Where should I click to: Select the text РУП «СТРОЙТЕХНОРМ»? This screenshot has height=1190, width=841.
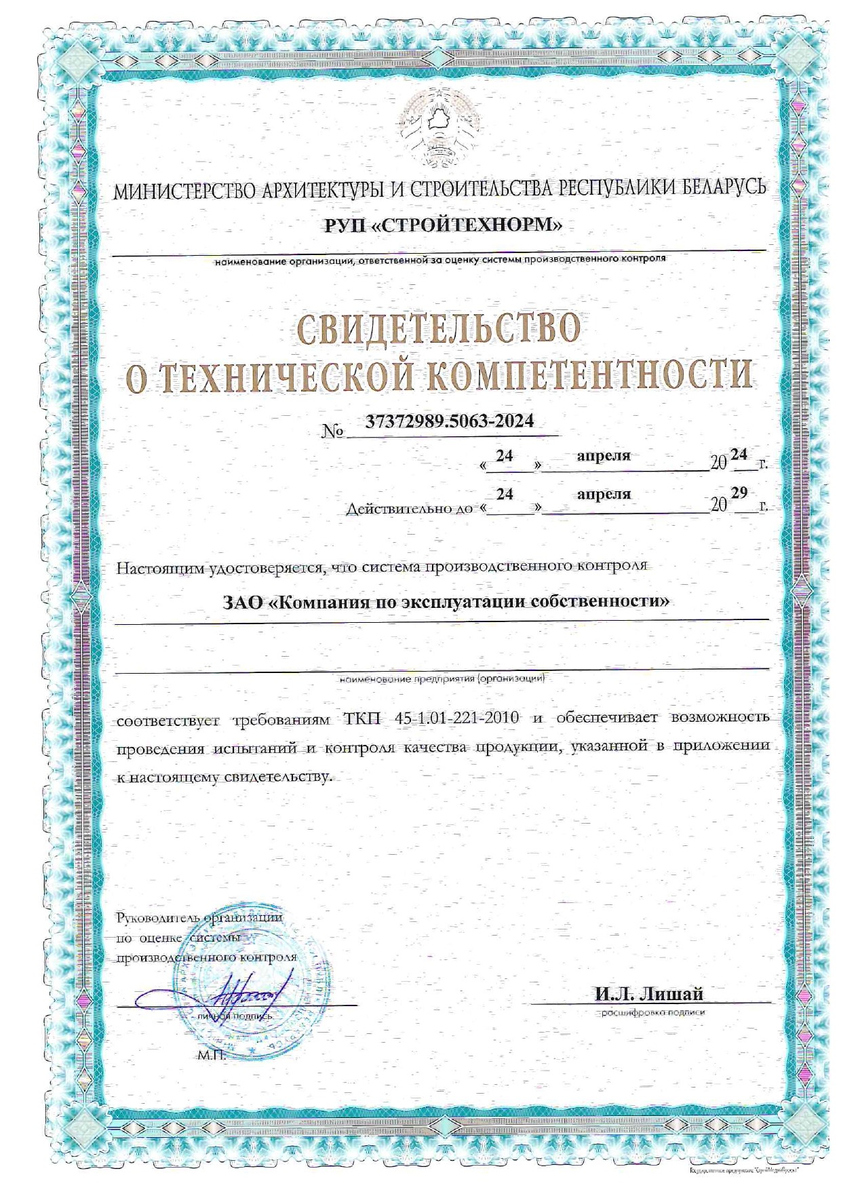pos(443,225)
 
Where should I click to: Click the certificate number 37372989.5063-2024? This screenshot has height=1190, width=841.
pos(450,421)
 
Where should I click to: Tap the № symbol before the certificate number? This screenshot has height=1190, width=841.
pos(333,431)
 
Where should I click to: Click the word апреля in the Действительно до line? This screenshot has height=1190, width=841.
pos(604,495)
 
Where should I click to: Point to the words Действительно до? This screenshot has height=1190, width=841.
pos(409,507)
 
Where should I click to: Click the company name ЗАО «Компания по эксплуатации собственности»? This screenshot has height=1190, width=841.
pos(446,601)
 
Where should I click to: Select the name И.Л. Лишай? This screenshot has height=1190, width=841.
pos(649,995)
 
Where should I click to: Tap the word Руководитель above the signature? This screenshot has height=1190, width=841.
pos(157,918)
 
